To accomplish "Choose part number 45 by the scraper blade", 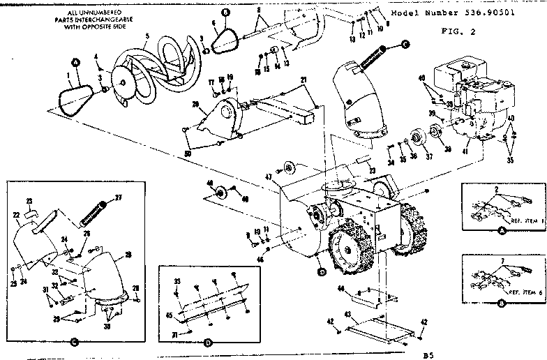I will [x=167, y=314].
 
